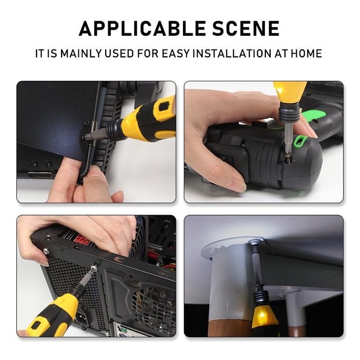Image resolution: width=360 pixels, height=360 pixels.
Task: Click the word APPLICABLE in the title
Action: (142, 28)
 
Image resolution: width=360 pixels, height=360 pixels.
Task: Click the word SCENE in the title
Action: (246, 28)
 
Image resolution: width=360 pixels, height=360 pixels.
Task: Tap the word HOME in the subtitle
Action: (306, 53)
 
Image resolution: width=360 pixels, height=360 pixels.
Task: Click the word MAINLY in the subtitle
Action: (81, 53)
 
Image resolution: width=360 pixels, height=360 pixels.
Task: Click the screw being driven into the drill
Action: (287, 160)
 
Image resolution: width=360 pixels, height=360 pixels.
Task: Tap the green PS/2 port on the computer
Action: (124, 331)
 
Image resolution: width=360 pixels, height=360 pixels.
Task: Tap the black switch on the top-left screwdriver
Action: (163, 106)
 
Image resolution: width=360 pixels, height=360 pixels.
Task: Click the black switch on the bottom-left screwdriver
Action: (37, 326)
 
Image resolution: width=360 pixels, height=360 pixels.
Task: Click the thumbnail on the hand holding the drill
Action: (236, 184)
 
